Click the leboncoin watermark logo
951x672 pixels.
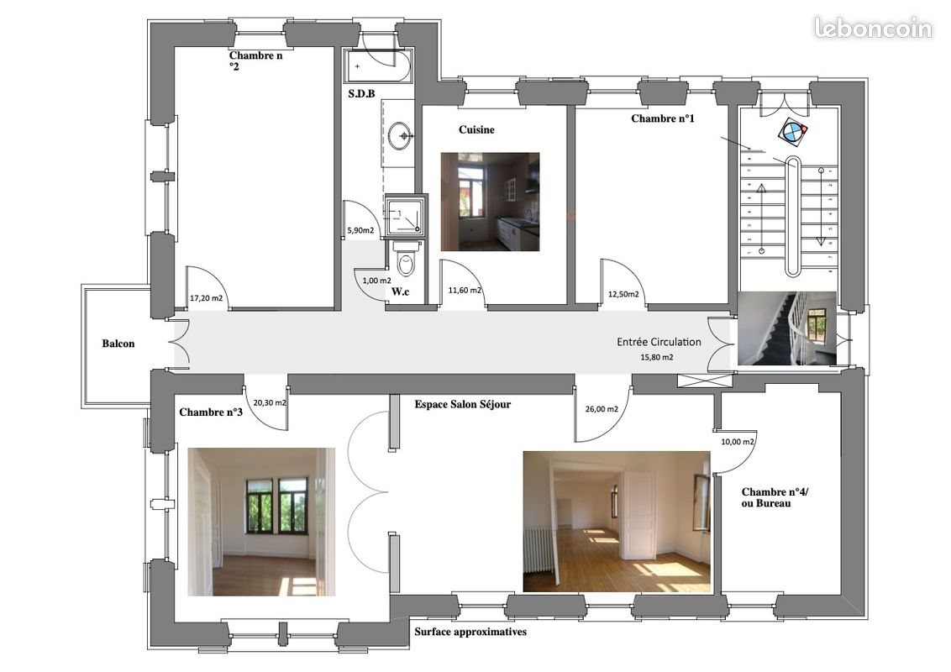pos(873,28)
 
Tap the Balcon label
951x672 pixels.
pos(118,344)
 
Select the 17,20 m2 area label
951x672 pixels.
pos(206,298)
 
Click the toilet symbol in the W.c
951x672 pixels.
pos(406,260)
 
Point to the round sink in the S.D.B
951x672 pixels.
pos(400,136)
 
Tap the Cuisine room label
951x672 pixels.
pos(476,130)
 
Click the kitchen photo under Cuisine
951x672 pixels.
pos(490,202)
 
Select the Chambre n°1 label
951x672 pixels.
pos(662,119)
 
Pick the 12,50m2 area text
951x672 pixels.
pos(623,295)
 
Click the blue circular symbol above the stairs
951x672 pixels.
pos(793,131)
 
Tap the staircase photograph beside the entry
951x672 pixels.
pos(787,328)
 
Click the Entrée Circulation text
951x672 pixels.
pos(659,342)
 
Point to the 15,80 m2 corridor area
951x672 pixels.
pos(657,357)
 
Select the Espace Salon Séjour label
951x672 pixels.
pos(463,405)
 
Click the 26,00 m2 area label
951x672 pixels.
pos(602,409)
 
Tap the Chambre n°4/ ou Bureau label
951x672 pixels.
pos(775,498)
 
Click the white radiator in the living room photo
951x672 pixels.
pos(539,549)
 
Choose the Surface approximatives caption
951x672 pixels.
pos(470,632)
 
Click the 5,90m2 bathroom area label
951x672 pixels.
pos(360,230)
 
